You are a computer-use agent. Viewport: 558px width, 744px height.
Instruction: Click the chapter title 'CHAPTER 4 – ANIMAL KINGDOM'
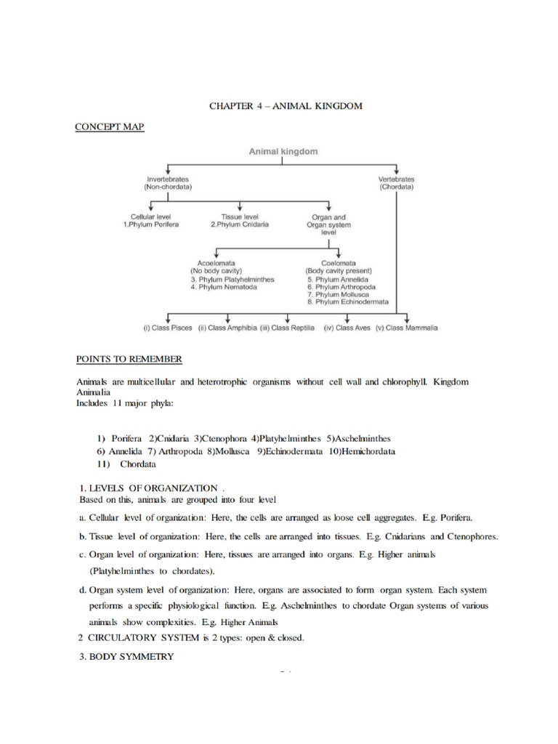[x=286, y=106]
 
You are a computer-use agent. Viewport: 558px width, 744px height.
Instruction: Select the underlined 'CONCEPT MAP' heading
[x=110, y=127]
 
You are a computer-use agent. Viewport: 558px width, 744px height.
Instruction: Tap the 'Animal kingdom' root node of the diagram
[x=283, y=152]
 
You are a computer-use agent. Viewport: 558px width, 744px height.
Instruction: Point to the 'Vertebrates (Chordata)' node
[x=396, y=182]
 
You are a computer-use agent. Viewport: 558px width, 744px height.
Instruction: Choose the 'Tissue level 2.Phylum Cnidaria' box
[x=240, y=220]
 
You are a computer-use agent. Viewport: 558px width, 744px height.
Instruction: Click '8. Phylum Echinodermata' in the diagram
[x=347, y=301]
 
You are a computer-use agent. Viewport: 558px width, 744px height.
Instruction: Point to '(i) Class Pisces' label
[x=168, y=328]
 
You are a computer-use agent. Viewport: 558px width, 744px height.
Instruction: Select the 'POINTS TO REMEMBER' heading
[x=129, y=359]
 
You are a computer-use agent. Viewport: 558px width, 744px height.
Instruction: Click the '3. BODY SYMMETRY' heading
[x=126, y=657]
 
